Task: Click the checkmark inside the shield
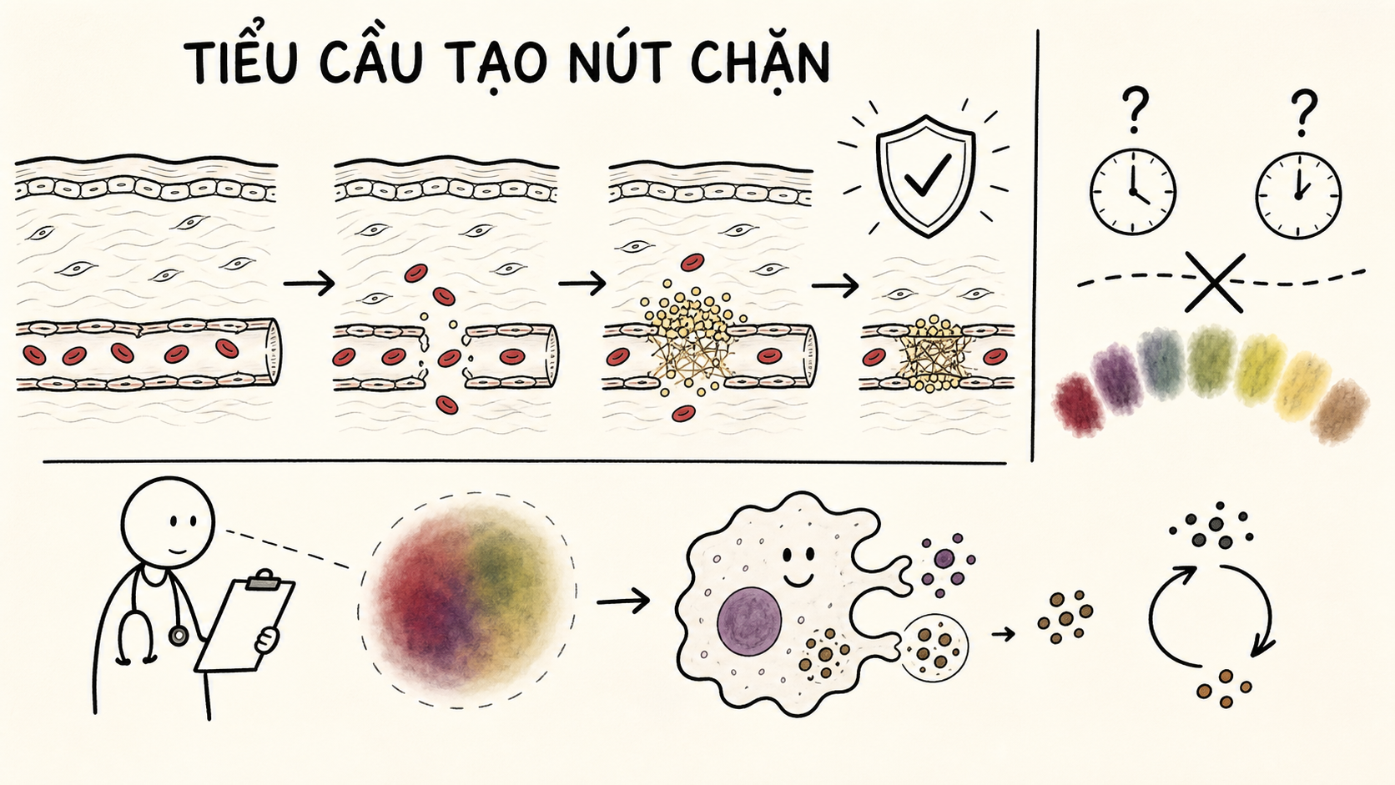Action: click(927, 175)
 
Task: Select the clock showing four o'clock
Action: click(1133, 193)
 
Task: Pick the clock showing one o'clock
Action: click(1298, 195)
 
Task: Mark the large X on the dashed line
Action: click(1215, 282)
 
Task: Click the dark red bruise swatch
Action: click(1080, 404)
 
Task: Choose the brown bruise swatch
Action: click(1339, 411)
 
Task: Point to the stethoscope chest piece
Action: click(179, 636)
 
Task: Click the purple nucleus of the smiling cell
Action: click(749, 621)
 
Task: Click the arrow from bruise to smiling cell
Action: click(622, 601)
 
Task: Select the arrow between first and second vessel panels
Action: click(310, 284)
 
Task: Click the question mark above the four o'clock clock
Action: click(1135, 109)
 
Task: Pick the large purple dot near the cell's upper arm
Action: click(944, 558)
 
